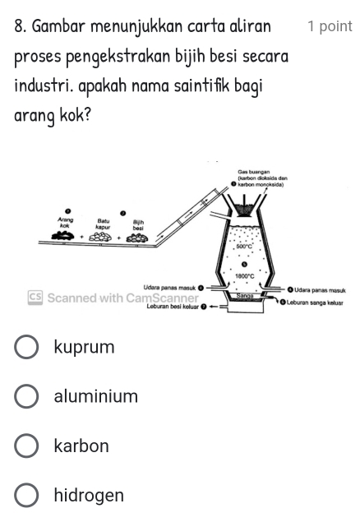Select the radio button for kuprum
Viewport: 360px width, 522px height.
[x=27, y=348]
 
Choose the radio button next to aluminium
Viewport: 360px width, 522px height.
[x=27, y=397]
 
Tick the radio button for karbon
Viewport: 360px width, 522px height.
[x=27, y=446]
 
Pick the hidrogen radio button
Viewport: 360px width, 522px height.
[x=27, y=496]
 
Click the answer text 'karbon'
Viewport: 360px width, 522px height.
[x=81, y=446]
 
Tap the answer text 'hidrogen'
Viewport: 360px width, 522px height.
[x=89, y=496]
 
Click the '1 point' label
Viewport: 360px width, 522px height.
[x=329, y=26]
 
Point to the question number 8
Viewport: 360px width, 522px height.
[x=20, y=26]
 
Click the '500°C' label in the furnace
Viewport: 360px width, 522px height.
[x=244, y=246]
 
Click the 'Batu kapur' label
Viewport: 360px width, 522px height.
[x=104, y=223]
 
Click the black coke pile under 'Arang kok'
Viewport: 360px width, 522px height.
[x=65, y=237]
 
